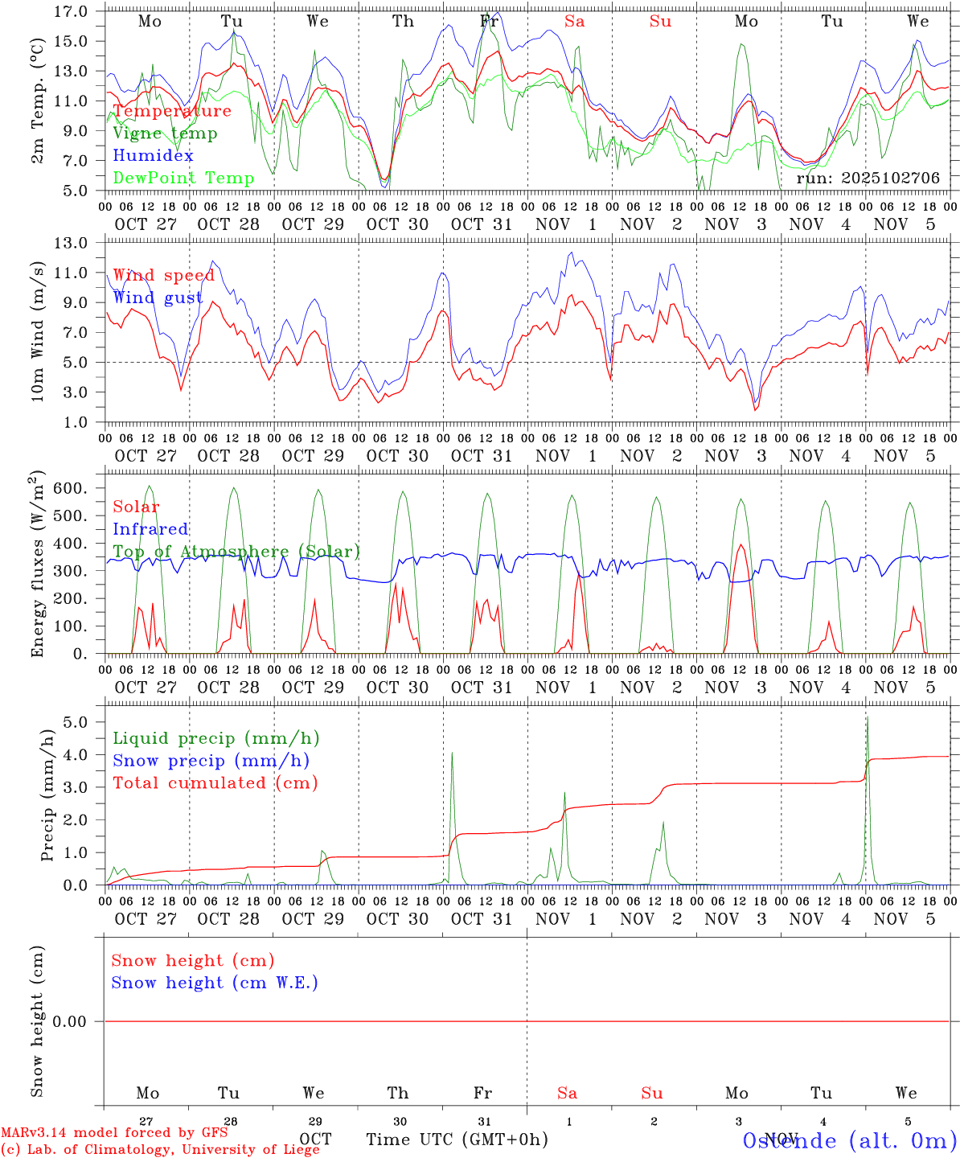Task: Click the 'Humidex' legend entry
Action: pos(153,156)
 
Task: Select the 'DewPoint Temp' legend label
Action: pos(183,179)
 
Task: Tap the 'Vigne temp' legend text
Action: pos(165,133)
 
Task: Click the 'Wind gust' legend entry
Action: pos(158,298)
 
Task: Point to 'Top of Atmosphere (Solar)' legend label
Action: pos(236,552)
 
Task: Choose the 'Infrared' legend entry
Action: pos(150,529)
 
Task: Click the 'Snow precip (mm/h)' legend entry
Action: pos(211,761)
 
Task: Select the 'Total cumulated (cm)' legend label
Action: pos(215,783)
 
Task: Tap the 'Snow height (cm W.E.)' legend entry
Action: pos(215,983)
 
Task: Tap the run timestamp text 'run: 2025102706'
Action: pos(868,179)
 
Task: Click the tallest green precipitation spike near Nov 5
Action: pos(867,718)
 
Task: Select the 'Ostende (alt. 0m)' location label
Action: pos(849,1140)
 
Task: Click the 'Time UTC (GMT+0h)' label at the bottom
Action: pos(457,1140)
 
